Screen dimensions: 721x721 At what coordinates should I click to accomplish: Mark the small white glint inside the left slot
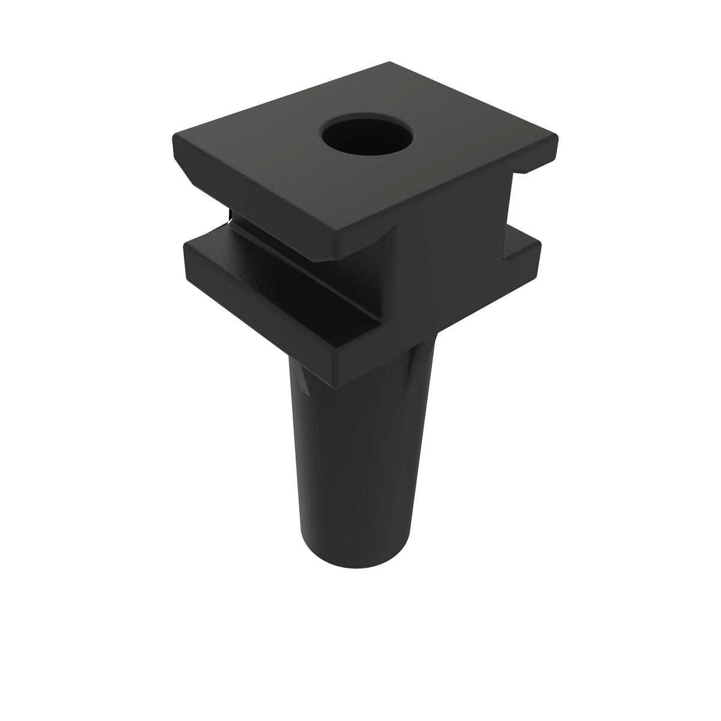(229, 214)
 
